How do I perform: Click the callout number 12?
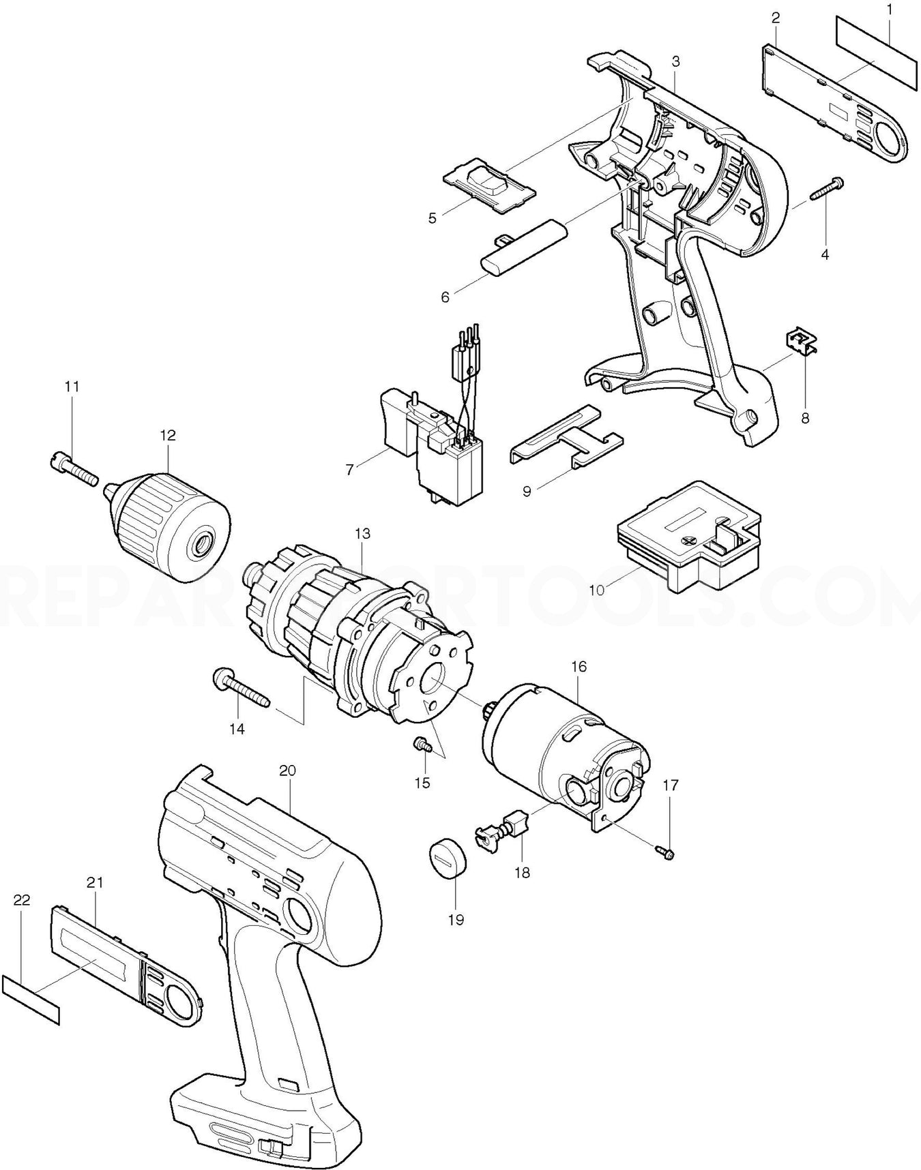click(x=168, y=435)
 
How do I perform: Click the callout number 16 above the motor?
click(x=579, y=666)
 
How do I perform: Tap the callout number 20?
click(x=287, y=770)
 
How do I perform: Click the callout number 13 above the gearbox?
click(x=362, y=533)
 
